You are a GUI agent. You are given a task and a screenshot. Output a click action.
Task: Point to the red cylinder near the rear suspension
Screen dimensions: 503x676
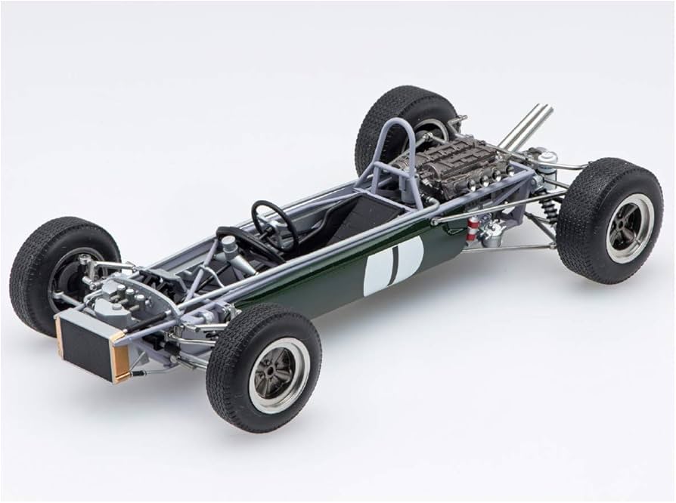pyautogui.click(x=472, y=227)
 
